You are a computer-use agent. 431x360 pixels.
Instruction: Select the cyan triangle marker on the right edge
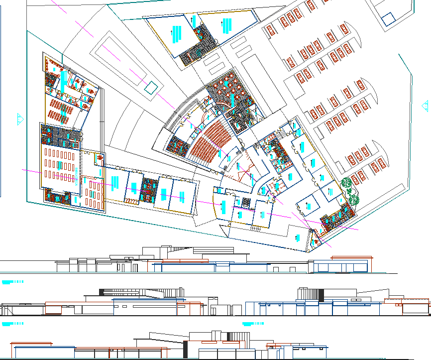pos(425,106)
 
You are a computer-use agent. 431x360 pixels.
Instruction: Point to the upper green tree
pos(347,186)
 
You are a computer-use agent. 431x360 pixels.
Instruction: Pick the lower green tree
pos(354,199)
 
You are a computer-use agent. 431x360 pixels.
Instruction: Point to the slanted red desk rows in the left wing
pos(59,111)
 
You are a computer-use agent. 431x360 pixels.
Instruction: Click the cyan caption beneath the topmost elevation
pos(12,282)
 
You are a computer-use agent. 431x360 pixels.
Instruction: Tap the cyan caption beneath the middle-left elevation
pos(12,324)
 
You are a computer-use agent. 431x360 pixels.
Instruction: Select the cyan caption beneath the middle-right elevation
pos(253,324)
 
